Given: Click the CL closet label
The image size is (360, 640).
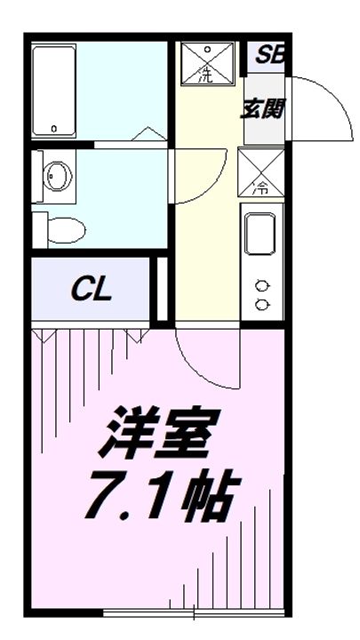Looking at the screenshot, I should pyautogui.click(x=92, y=291).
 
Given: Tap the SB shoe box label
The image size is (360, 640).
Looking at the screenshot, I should pyautogui.click(x=265, y=57).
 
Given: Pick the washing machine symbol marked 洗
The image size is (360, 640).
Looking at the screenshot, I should pyautogui.click(x=205, y=63).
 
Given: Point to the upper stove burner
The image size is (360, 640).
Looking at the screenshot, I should pyautogui.click(x=262, y=286).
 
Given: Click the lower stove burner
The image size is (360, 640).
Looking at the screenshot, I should pyautogui.click(x=262, y=304).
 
